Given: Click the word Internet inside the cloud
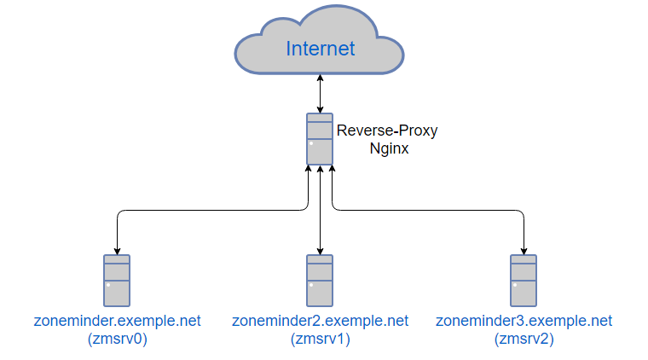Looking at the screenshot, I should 321,49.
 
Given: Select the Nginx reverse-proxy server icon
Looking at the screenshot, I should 320,139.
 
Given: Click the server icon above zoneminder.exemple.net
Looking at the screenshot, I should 117,281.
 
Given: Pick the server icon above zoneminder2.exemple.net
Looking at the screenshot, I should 320,281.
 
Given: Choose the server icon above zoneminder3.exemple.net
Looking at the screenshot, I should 523,281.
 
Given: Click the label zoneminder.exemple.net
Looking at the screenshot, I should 117,322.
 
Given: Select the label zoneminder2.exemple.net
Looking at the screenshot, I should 320,322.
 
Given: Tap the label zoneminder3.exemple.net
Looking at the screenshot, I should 524,322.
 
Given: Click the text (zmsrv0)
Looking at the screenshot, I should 117,339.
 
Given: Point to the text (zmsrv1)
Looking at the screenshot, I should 320,339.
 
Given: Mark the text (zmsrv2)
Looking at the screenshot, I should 524,339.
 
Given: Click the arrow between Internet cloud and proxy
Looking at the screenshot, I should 320,94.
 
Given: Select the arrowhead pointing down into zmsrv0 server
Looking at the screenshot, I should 117,251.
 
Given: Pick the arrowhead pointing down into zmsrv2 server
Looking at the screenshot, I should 523,251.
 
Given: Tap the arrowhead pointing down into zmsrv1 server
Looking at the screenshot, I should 320,251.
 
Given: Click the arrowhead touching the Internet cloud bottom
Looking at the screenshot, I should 320,78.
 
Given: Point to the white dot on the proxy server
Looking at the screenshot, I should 312,143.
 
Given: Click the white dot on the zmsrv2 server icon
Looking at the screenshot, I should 515,285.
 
